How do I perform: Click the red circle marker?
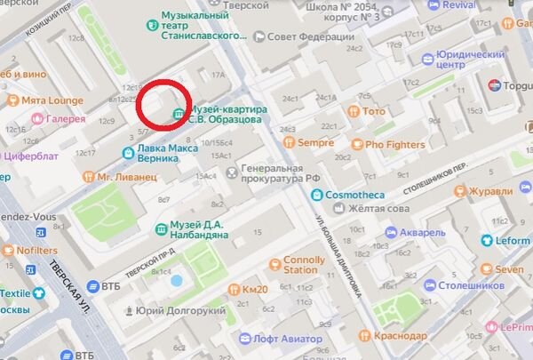[x=165, y=105]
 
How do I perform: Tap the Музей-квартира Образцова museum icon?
[x=179, y=114]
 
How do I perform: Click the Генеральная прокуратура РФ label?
[x=286, y=173]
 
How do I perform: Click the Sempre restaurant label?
[x=314, y=142]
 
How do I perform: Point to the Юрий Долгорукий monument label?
[x=168, y=311]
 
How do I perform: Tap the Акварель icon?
[x=390, y=232]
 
